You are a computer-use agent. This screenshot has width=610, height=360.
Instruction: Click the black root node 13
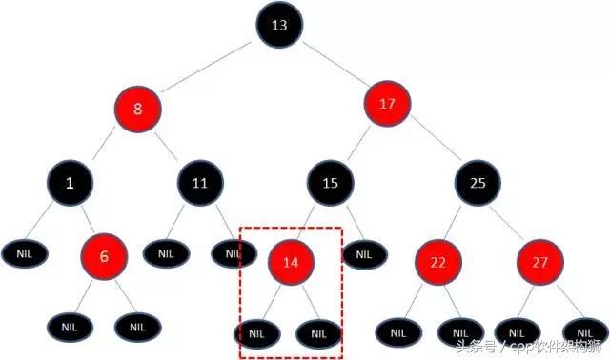pyautogui.click(x=278, y=27)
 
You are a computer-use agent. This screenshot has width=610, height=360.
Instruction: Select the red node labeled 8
pyautogui.click(x=138, y=108)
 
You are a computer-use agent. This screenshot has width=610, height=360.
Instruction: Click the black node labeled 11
pyautogui.click(x=199, y=182)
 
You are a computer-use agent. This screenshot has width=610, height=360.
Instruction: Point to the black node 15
pyautogui.click(x=330, y=182)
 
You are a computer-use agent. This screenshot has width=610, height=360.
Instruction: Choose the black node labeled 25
pyautogui.click(x=478, y=181)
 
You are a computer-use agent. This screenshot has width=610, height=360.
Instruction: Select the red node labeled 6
pyautogui.click(x=104, y=256)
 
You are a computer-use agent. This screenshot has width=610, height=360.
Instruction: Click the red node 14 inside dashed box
pyautogui.click(x=291, y=259)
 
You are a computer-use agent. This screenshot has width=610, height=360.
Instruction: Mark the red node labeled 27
pyautogui.click(x=540, y=259)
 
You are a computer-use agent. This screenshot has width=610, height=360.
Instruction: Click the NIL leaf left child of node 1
pyautogui.click(x=22, y=253)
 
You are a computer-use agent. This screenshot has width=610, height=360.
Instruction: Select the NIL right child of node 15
pyautogui.click(x=362, y=253)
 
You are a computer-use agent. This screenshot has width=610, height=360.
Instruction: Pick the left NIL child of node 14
pyautogui.click(x=255, y=333)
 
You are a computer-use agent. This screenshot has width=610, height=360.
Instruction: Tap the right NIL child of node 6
pyautogui.click(x=135, y=327)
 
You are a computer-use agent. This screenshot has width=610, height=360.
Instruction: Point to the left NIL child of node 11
pyautogui.click(x=166, y=253)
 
